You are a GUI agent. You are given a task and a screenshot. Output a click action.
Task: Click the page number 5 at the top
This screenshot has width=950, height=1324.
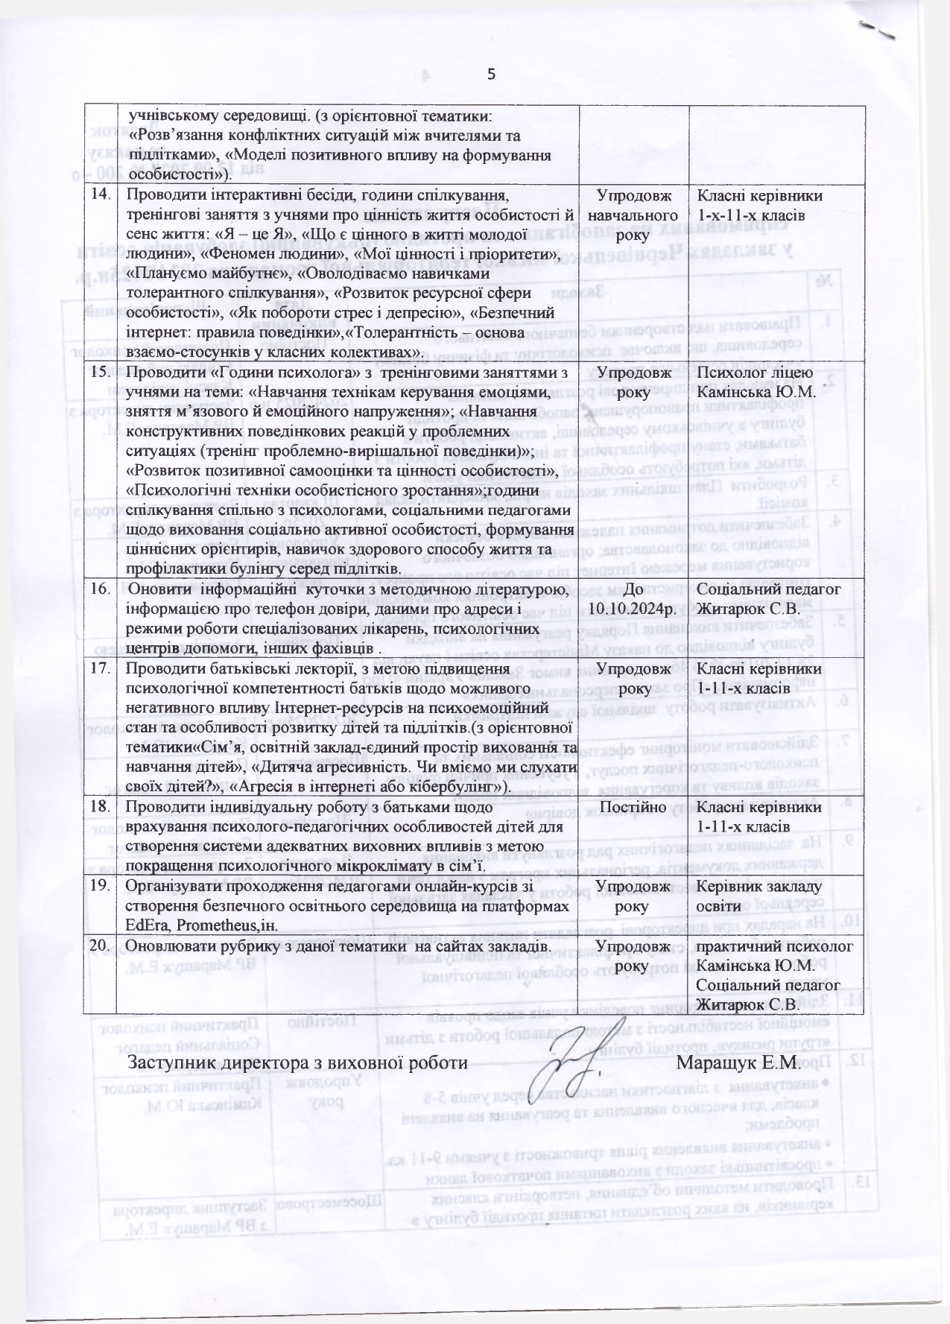point(491,74)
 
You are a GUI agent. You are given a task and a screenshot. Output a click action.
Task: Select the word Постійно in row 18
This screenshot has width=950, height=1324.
point(633,807)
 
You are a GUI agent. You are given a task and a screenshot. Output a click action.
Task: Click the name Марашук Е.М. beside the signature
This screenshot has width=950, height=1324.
point(738,1062)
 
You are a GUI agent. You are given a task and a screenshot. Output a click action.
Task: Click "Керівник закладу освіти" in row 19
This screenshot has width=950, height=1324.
point(759,896)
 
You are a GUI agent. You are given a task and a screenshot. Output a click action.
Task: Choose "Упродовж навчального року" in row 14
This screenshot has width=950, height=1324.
point(633,215)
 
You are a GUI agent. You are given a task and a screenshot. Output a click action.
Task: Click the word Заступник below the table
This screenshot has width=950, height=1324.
point(173,1062)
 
